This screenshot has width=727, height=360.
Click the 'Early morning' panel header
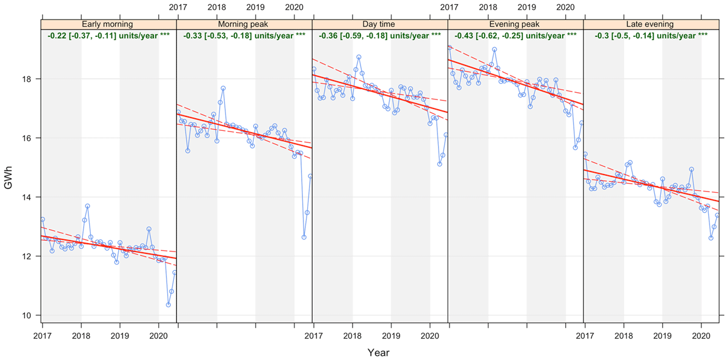[108, 24]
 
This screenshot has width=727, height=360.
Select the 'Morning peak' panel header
[244, 24]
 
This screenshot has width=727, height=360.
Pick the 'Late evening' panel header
[651, 24]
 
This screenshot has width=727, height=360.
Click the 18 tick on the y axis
[29, 79]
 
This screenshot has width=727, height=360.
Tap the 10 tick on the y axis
[29, 316]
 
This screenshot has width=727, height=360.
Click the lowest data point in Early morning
[168, 305]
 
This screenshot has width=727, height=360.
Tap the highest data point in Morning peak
[223, 88]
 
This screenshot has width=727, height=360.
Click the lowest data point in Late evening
[711, 238]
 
